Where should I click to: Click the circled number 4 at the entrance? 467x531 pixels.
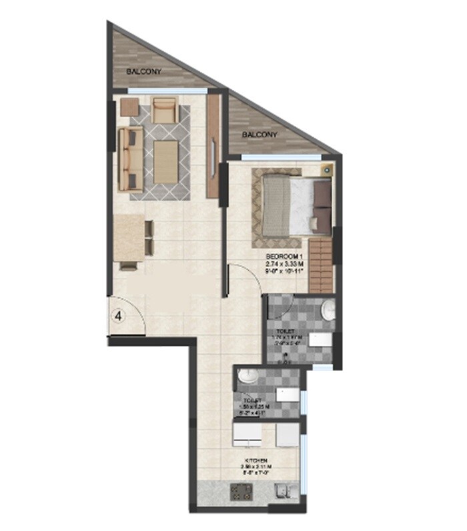(x=117, y=316)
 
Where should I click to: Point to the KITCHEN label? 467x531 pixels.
(x=257, y=461)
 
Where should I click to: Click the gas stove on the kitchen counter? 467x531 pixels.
(x=240, y=493)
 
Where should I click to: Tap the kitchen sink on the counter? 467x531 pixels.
(x=285, y=494)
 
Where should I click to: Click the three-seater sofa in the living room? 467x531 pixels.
(x=129, y=159)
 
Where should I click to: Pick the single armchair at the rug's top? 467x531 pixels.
(x=163, y=109)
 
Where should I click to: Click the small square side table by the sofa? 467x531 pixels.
(x=129, y=107)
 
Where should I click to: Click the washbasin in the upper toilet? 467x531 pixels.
(x=328, y=309)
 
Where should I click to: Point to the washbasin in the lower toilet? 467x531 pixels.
(x=246, y=376)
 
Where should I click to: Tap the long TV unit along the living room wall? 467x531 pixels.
(x=214, y=145)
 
